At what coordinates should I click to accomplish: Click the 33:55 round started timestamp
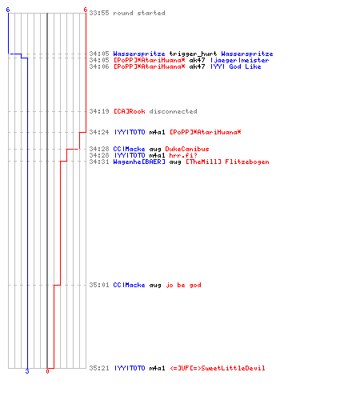pos(99,13)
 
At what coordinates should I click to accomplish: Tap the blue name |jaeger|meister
pos(239,60)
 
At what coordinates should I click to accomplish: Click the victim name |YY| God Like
pos(235,66)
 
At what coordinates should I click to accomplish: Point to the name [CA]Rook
pos(130,111)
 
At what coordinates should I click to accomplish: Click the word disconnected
pos(173,111)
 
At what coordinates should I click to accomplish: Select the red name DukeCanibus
pos(187,149)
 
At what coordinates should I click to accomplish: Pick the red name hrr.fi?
pos(183,155)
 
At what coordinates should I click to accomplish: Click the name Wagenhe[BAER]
pos(139,162)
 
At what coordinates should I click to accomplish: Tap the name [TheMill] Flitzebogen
pos(227,162)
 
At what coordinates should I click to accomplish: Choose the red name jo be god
pos(183,285)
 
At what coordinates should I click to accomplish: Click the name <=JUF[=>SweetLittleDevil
pos(218,368)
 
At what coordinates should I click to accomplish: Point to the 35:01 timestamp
pos(99,285)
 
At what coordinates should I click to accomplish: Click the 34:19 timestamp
pos(99,111)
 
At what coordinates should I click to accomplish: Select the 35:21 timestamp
pos(99,368)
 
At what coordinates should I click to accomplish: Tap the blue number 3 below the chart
pos(27,371)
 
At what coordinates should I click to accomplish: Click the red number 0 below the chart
pos(47,371)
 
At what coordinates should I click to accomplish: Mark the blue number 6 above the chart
pos(8,10)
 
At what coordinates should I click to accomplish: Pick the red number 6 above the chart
pos(86,10)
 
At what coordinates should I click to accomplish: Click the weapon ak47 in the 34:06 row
pos(197,66)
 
